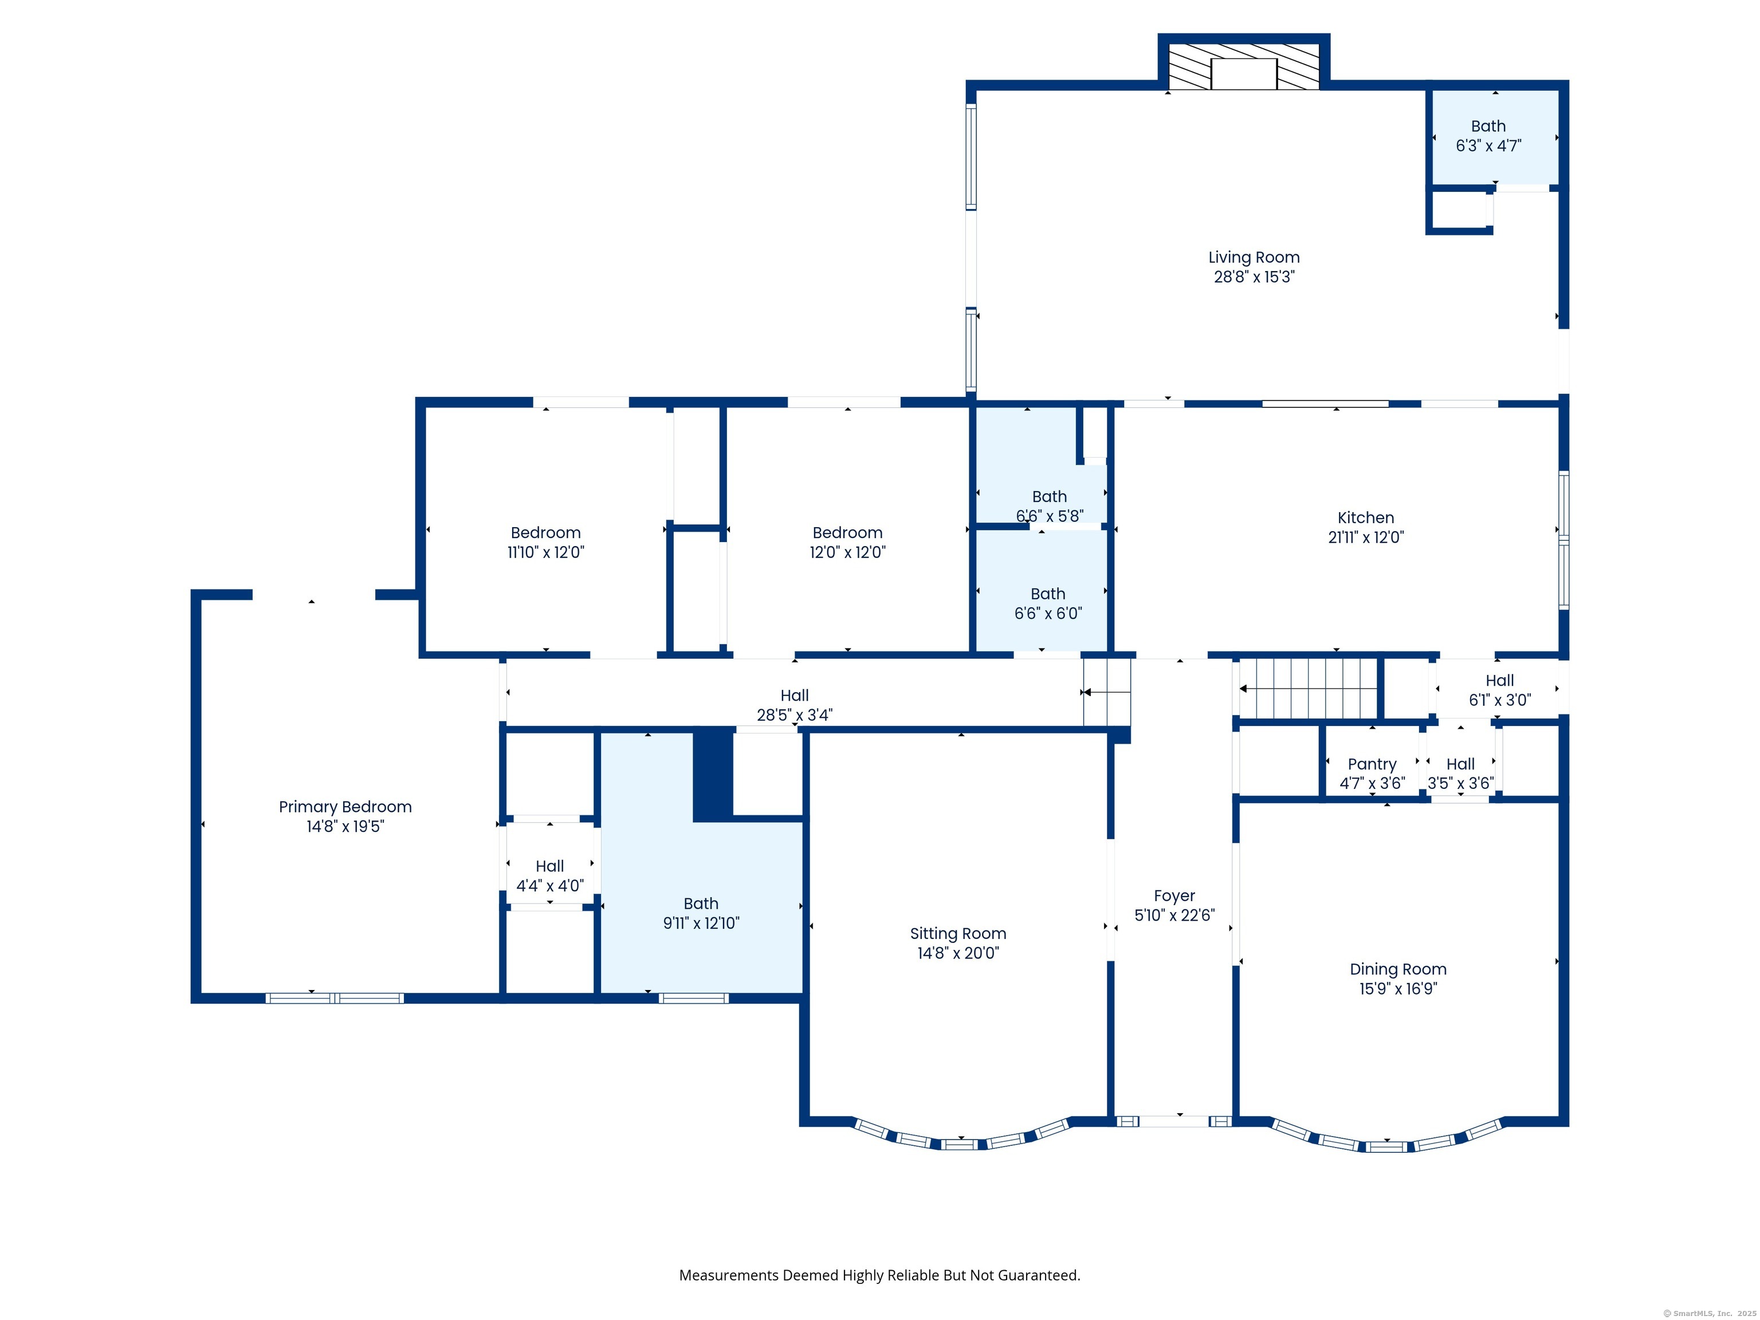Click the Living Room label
click(1254, 257)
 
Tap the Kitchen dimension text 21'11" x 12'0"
click(1366, 537)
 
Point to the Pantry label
click(1372, 764)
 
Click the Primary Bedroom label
click(345, 807)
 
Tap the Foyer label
click(1174, 896)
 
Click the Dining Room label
click(1398, 969)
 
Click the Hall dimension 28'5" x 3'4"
click(794, 714)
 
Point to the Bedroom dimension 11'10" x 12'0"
click(546, 552)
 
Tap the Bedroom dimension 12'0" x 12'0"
click(847, 552)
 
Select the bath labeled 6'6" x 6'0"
click(1041, 590)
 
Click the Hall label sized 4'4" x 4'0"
click(550, 866)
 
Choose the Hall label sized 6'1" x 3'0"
click(1500, 680)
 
